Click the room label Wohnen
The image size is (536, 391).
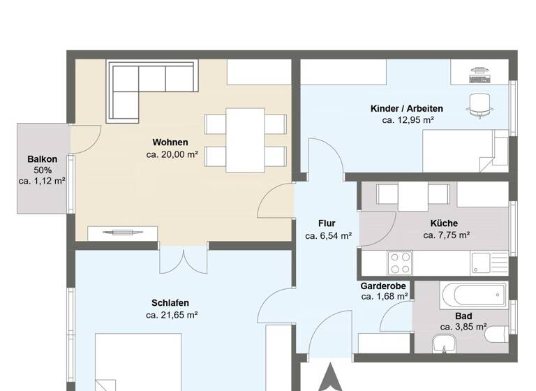(x=170, y=142)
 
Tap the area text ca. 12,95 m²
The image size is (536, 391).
(x=408, y=120)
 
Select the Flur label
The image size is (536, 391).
(x=327, y=223)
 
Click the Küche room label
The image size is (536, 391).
(x=445, y=223)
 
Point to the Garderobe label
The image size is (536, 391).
(x=384, y=286)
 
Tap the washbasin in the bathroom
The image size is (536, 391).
(x=443, y=343)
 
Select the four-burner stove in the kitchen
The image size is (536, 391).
(x=400, y=263)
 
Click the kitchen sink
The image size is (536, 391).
(x=483, y=263)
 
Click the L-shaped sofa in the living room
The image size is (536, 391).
(x=140, y=84)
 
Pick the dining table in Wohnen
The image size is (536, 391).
(x=245, y=140)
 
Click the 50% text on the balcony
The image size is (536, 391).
(x=43, y=170)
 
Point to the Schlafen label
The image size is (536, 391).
(x=170, y=303)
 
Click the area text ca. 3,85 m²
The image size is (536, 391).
(x=463, y=327)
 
